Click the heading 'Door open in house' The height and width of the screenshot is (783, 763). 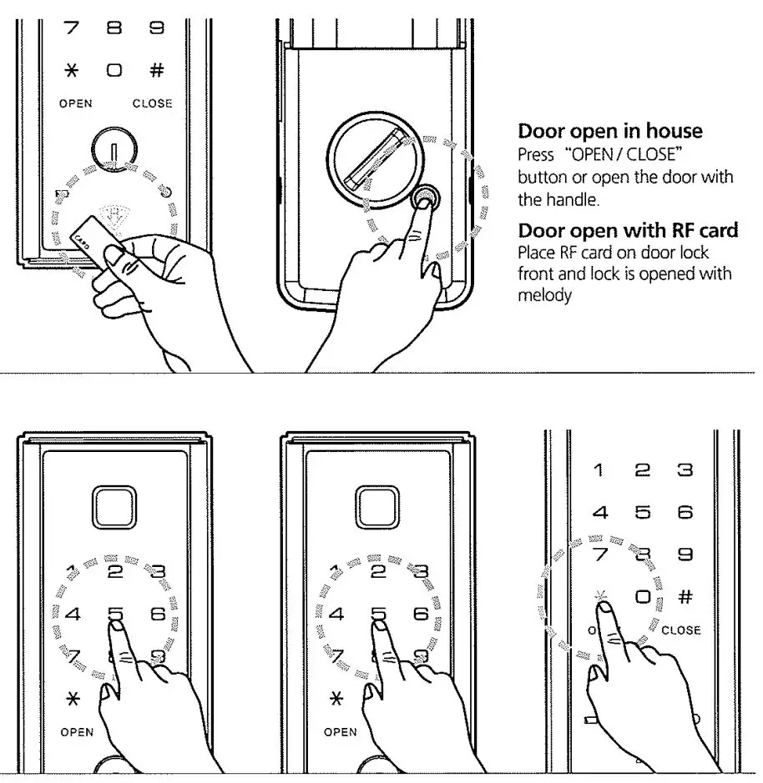pos(610,131)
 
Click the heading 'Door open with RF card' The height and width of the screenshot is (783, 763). pos(628,230)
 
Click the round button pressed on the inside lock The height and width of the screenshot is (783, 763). pos(425,198)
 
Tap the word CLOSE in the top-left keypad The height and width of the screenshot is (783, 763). pos(152,103)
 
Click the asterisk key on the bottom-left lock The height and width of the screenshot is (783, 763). pos(73,697)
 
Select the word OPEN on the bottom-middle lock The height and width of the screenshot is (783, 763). pos(340,732)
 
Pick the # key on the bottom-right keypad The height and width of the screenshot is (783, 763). pos(686,597)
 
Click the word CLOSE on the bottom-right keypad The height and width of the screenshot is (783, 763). pos(680,630)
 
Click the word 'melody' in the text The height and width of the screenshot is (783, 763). pos(544,295)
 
